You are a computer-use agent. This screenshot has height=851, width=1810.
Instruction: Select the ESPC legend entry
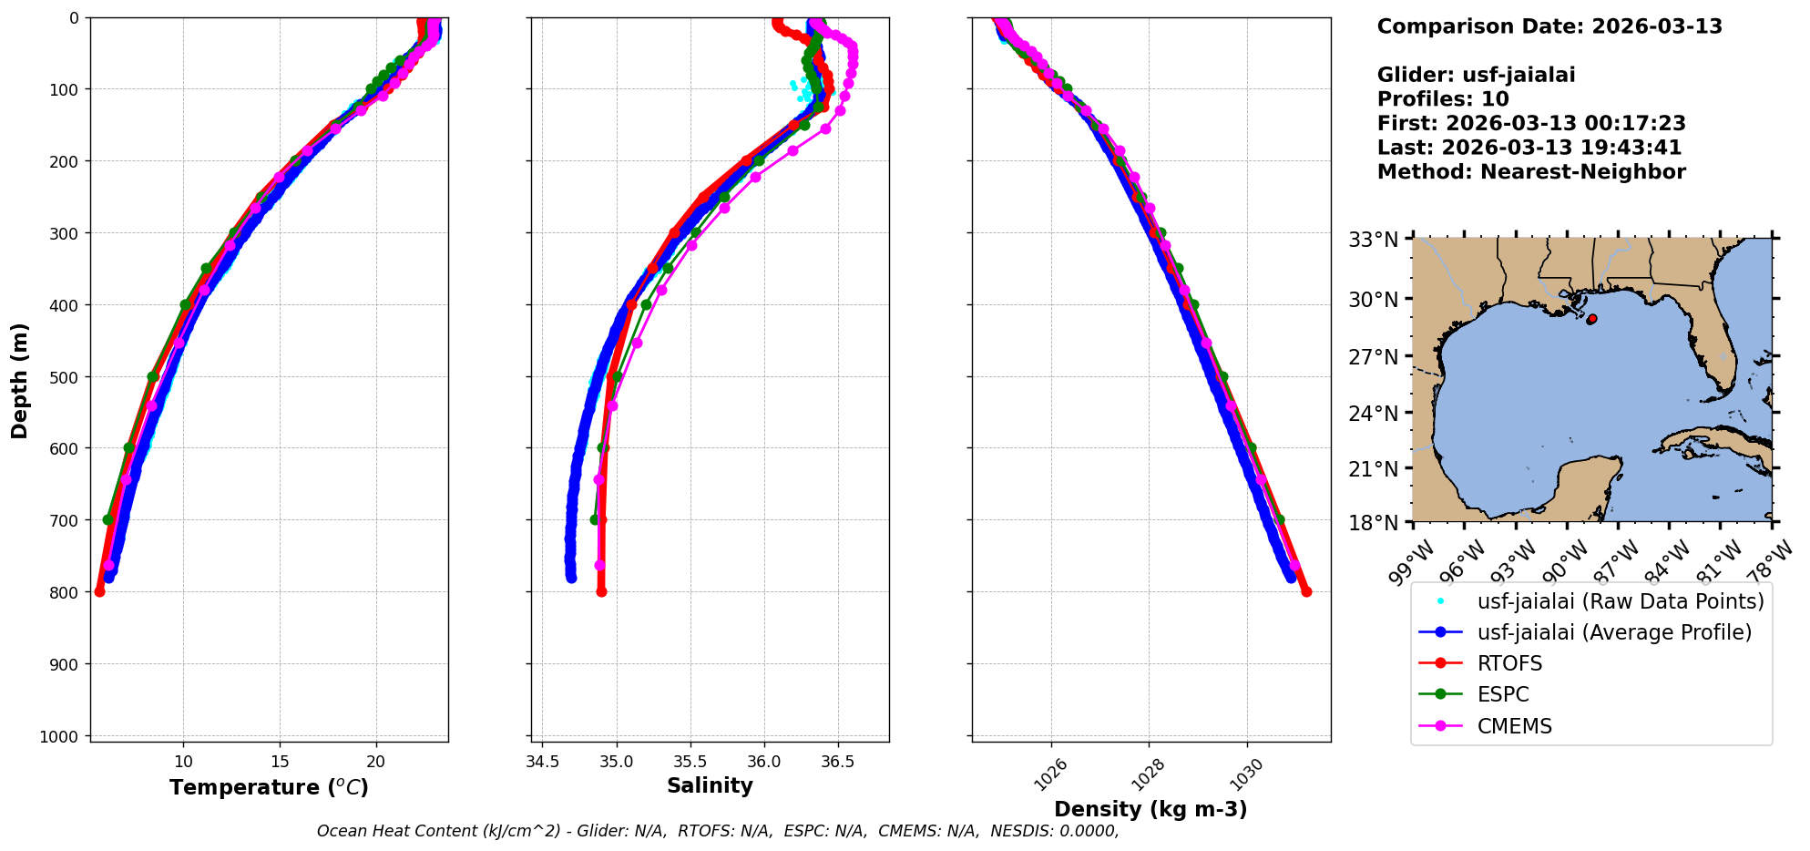click(1503, 694)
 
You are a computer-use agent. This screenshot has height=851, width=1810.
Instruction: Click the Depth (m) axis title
click(20, 380)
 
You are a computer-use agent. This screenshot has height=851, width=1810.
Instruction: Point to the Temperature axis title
click(269, 787)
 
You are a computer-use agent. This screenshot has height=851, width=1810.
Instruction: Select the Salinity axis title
click(710, 785)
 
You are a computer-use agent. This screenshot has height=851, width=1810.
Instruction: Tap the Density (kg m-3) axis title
click(1150, 809)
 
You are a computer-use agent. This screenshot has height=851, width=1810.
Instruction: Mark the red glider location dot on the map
click(1591, 319)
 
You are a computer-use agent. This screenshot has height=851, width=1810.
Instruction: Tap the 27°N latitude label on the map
click(1373, 356)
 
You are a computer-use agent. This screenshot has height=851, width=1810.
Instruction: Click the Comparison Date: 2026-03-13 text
click(1549, 26)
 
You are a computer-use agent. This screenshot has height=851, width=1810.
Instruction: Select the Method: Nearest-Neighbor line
click(1531, 171)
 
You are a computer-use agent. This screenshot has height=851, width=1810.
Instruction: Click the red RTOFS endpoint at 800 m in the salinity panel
click(601, 591)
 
